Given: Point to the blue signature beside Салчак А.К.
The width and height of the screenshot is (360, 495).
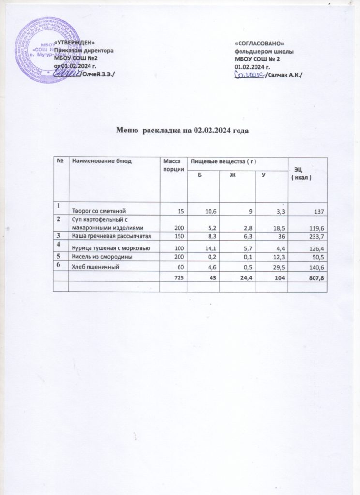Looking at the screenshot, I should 250,75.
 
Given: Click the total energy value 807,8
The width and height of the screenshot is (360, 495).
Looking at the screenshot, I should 314,278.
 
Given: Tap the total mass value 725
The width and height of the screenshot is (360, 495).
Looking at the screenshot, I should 177,278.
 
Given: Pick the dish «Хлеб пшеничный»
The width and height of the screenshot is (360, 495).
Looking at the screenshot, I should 96,266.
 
